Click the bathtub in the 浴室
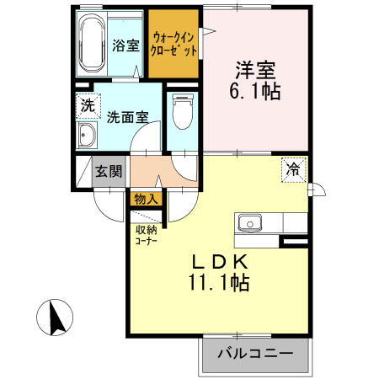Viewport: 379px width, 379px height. click(91, 44)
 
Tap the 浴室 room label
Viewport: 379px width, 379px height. click(126, 45)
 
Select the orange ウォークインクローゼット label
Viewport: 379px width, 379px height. click(175, 44)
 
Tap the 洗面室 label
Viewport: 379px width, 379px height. click(126, 118)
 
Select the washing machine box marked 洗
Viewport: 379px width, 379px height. click(87, 106)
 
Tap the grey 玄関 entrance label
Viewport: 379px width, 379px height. click(109, 171)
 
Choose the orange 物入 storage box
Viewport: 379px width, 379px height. click(144, 200)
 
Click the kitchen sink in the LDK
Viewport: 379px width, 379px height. click(250, 223)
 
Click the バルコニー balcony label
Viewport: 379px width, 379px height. click(253, 354)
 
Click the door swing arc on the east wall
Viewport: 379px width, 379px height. click(317, 189)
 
